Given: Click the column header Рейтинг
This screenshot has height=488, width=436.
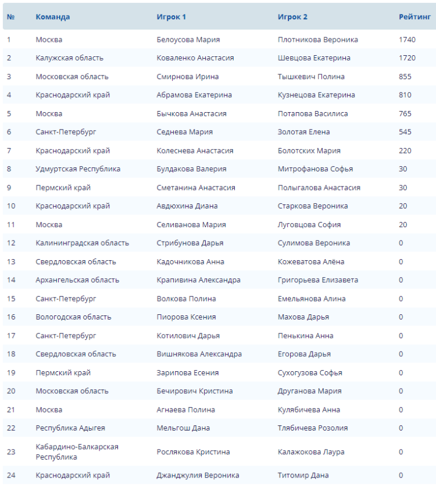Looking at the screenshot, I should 414,17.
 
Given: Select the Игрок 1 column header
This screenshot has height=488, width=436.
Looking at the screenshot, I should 171,17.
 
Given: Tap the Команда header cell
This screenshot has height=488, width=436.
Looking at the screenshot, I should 52,17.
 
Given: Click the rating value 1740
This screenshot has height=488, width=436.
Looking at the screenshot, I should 407,40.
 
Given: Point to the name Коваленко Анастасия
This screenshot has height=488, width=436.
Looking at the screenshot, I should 195,58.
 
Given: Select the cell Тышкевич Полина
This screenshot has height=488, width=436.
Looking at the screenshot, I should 311,77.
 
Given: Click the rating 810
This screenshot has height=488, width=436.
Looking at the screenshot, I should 405,95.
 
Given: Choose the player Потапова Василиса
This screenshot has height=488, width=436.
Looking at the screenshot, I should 313,113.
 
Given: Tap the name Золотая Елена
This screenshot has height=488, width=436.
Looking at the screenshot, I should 303,132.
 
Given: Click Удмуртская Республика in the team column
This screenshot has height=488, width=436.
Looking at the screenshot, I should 78,169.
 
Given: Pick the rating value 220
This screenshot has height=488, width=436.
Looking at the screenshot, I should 405,150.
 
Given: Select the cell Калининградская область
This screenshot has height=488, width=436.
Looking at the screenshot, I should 82,243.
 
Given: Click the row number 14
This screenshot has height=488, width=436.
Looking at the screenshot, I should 11,280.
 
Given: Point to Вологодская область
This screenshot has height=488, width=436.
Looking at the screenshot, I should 73,317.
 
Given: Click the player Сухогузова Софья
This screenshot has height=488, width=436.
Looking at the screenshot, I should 310,372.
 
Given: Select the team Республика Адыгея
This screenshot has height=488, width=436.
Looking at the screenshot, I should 70,428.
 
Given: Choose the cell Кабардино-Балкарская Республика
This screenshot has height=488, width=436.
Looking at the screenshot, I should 77,451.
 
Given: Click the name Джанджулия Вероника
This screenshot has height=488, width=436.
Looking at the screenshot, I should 198,475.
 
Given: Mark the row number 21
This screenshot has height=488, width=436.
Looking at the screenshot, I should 11,410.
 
